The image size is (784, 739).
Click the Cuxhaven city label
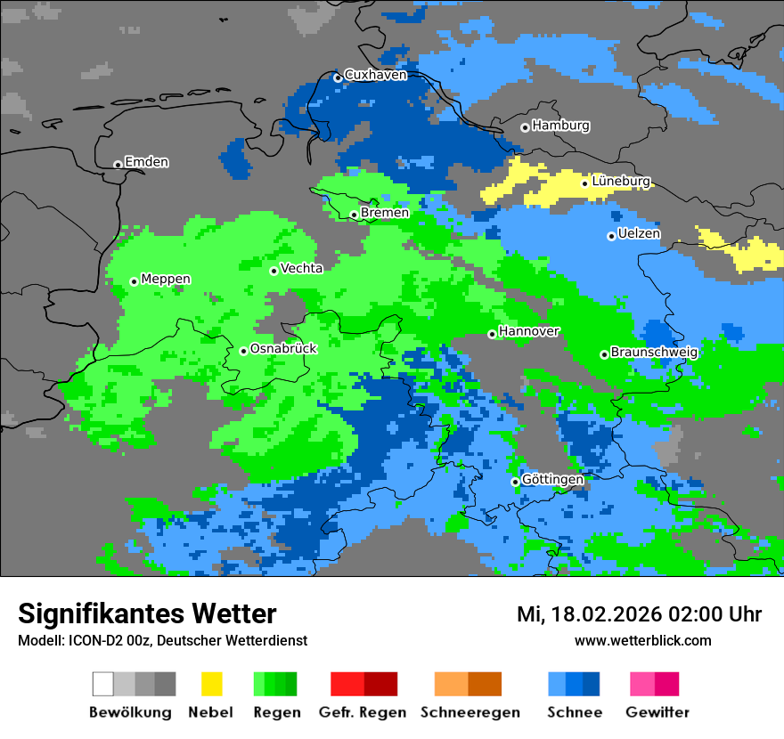(375, 76)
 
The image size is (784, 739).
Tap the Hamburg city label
(560, 126)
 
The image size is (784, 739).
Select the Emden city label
(146, 162)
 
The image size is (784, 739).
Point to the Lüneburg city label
(620, 182)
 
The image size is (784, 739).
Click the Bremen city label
(385, 213)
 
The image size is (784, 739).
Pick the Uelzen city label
(639, 234)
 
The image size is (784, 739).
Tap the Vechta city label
(301, 268)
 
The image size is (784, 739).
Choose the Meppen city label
(166, 280)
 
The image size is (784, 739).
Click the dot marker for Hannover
(492, 334)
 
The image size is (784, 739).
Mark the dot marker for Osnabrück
(243, 351)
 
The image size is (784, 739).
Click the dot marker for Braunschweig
(604, 354)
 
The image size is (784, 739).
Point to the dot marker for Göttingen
(515, 482)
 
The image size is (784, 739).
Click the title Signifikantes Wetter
(147, 613)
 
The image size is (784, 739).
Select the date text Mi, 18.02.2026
(588, 614)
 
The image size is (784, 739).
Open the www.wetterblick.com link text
(642, 641)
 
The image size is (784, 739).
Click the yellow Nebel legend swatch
(211, 684)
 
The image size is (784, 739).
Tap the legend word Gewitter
(657, 712)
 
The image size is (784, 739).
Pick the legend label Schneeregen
(470, 712)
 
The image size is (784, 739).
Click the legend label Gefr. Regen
(363, 712)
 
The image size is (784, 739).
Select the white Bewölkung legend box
(103, 684)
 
